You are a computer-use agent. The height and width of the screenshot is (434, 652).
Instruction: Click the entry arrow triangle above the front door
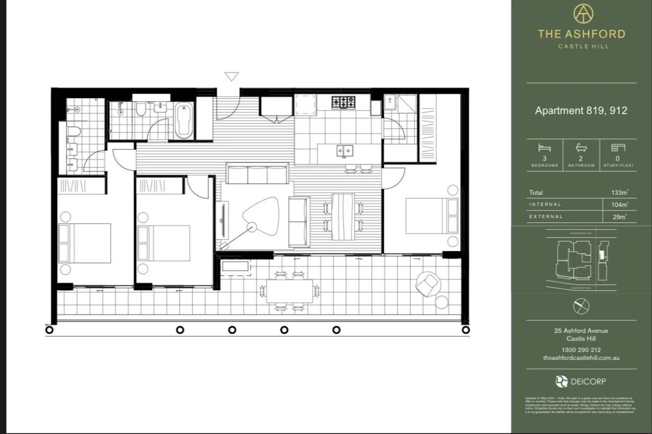[x=231, y=76]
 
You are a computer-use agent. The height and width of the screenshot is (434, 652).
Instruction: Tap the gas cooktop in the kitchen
[x=344, y=102]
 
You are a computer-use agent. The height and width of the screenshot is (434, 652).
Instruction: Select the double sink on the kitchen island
[x=345, y=151]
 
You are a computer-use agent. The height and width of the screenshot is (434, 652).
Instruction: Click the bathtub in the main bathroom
[x=183, y=121]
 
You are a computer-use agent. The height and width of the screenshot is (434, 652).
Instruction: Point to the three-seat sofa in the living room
[x=257, y=174]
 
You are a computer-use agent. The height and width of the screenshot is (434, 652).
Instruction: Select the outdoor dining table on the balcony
[x=289, y=291]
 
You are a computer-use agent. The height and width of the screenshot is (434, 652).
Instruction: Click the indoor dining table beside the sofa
[x=343, y=216]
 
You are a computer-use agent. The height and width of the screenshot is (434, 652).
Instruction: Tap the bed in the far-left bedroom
[x=85, y=243]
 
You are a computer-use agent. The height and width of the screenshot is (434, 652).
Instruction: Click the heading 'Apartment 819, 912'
[x=581, y=110]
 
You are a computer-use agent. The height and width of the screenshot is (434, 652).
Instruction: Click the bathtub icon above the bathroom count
[x=581, y=148]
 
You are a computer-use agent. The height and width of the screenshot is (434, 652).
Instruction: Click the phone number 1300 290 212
[x=581, y=350]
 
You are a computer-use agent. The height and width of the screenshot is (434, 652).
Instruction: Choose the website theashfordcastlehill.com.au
[x=581, y=358]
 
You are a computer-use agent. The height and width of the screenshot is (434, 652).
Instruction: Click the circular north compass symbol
[x=581, y=307]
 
